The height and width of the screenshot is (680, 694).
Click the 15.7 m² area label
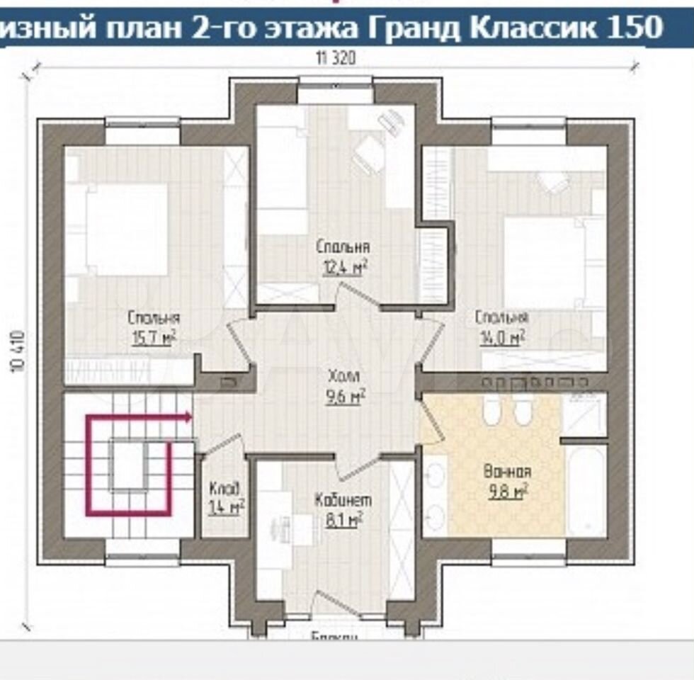click(154, 339)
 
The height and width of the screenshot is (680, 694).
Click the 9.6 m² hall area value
click(344, 397)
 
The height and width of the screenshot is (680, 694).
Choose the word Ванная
click(507, 471)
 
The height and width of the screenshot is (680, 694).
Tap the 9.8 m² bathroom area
click(507, 492)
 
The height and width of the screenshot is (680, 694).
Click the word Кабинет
click(343, 501)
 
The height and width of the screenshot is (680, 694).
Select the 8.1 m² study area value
click(343, 521)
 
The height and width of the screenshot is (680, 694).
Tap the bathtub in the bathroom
click(587, 489)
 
